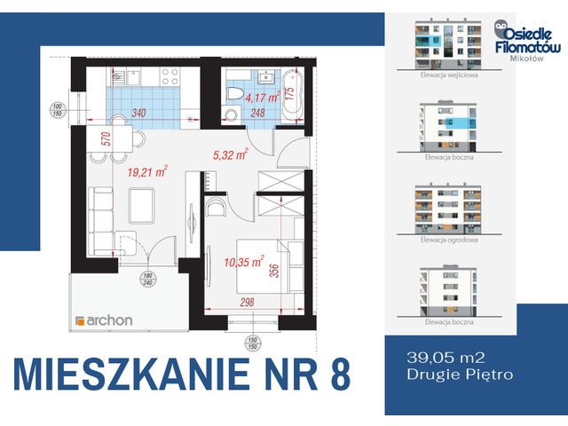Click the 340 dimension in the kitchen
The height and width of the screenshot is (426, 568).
[x=138, y=113]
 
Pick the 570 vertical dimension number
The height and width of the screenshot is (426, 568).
[x=80, y=139]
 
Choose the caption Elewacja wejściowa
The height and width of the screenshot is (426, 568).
[x=449, y=76]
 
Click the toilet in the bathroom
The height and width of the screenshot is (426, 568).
[x=233, y=93]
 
